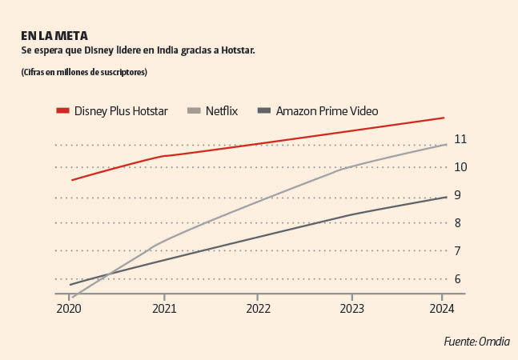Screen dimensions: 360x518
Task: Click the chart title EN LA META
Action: [x=54, y=36]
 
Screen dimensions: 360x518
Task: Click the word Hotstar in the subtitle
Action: [x=233, y=51]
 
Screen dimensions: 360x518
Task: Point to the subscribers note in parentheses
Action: [x=84, y=73]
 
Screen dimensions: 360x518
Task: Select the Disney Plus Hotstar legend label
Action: [x=121, y=111]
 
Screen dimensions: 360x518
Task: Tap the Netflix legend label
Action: [x=221, y=111]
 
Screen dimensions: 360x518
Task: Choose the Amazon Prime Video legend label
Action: [x=327, y=111]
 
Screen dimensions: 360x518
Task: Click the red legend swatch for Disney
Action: [x=63, y=111]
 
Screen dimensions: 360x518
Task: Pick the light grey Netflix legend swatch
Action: [x=193, y=111]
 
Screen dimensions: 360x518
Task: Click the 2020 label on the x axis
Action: [x=70, y=308]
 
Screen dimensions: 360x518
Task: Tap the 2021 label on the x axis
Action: [x=164, y=308]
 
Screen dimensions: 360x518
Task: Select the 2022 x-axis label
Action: [x=258, y=308]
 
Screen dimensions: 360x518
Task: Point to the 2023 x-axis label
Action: [x=351, y=308]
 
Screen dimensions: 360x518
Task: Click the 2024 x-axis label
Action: [x=443, y=308]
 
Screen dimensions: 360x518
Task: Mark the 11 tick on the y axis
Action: [x=460, y=140]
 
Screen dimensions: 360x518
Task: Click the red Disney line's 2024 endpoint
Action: [x=444, y=118]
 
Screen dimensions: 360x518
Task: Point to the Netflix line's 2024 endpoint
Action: [x=445, y=145]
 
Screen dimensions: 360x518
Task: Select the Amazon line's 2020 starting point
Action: [x=70, y=284]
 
